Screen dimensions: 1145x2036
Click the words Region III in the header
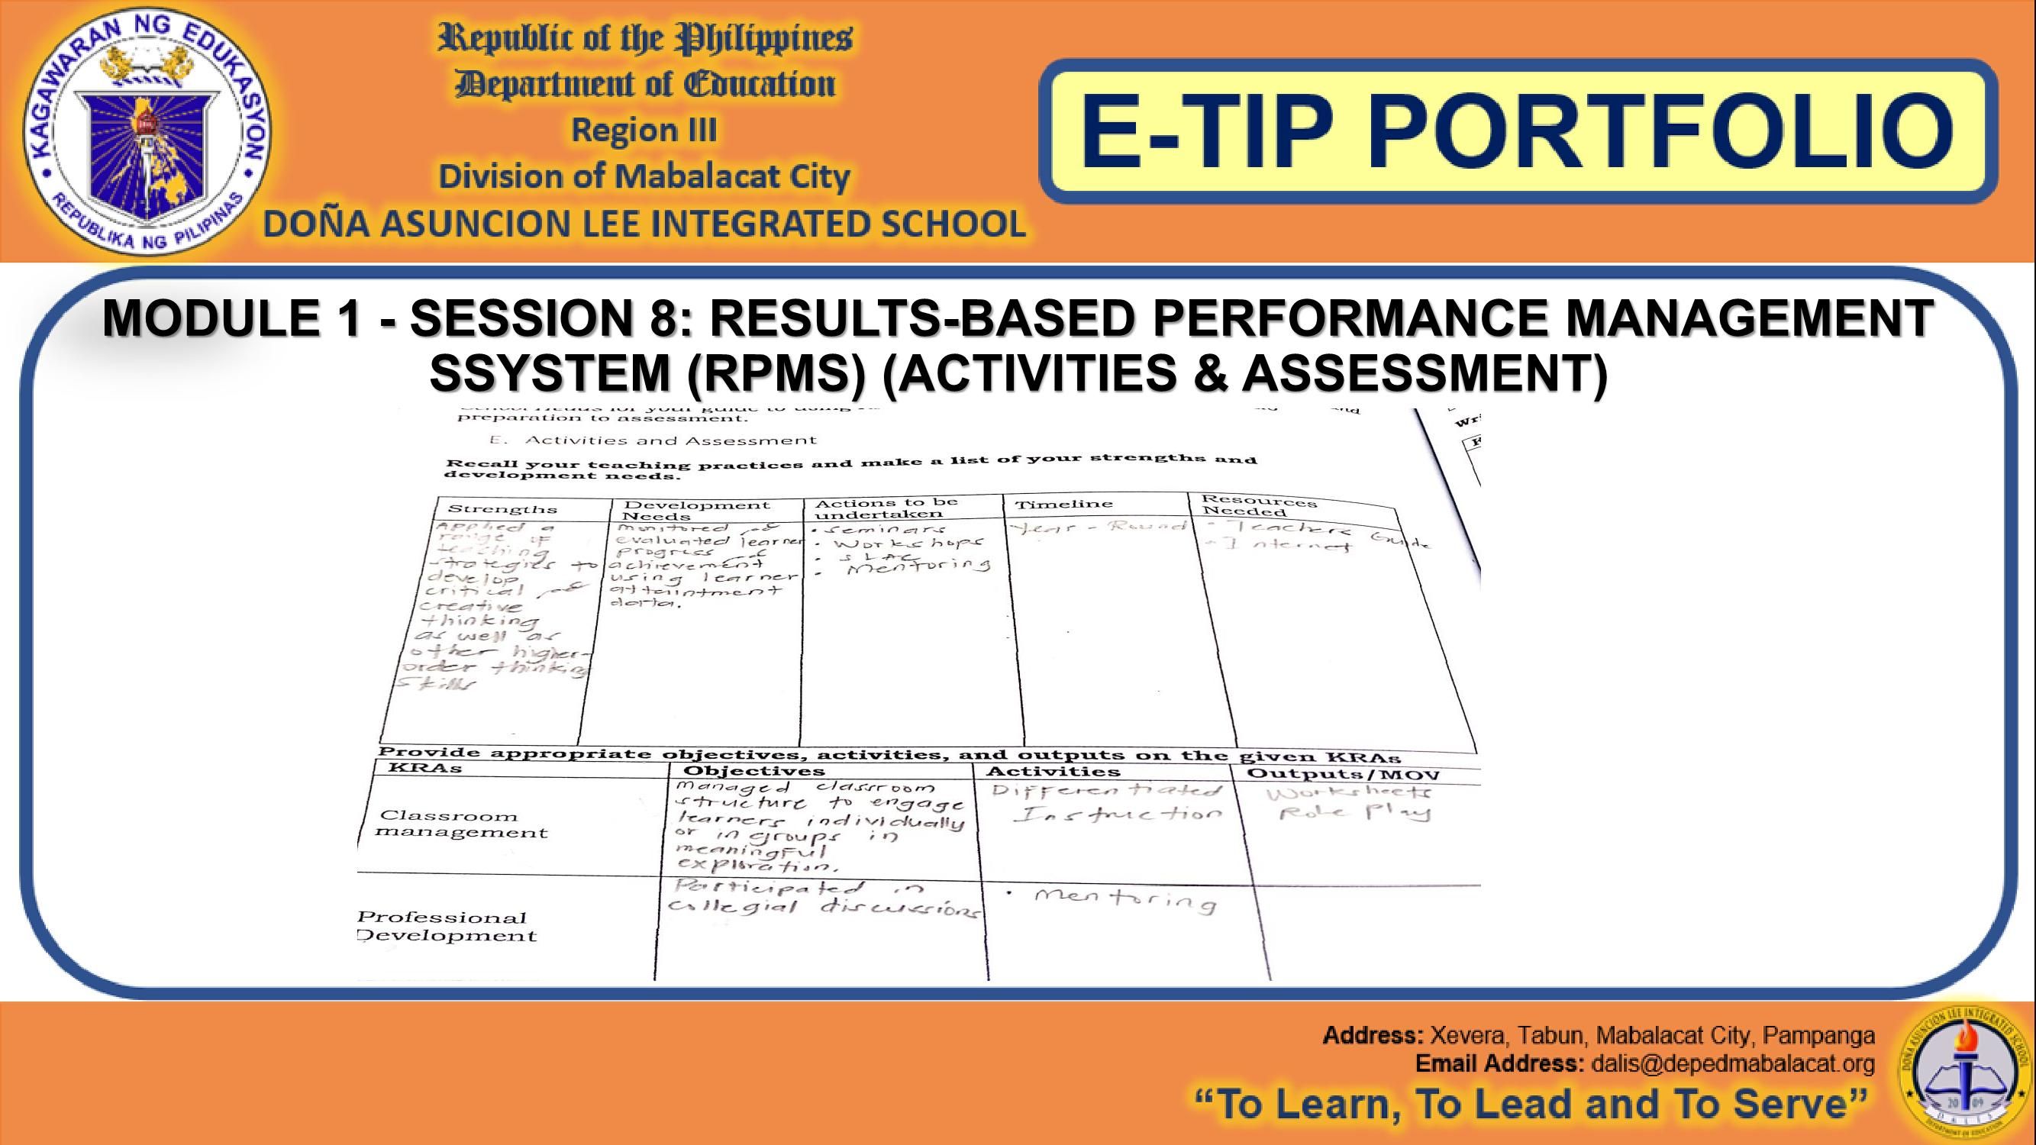tap(644, 131)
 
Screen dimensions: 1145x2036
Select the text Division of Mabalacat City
tap(644, 176)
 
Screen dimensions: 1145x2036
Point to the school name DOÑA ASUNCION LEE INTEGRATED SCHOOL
tap(644, 224)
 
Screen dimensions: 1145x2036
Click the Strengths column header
tap(502, 510)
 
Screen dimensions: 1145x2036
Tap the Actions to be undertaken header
tap(886, 508)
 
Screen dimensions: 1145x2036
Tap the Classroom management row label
tap(462, 824)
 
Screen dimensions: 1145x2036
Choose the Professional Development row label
tap(447, 926)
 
